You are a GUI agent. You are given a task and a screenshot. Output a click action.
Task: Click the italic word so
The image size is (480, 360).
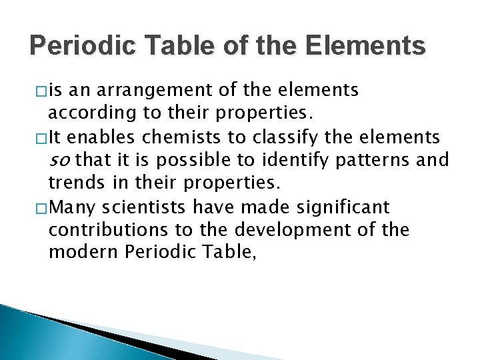coord(59,161)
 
